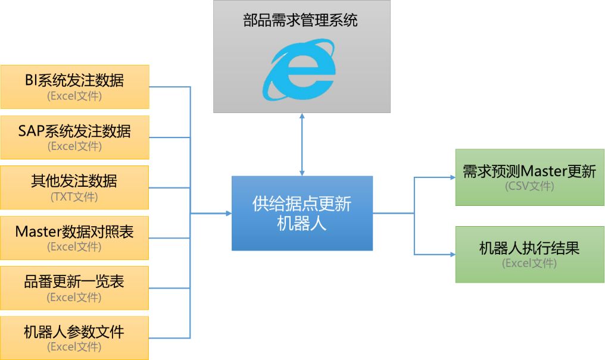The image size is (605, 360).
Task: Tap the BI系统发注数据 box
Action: tap(74, 87)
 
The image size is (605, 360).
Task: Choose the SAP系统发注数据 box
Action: tap(74, 137)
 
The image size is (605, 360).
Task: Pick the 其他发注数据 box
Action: tap(74, 187)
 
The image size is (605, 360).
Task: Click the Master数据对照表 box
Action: tap(74, 238)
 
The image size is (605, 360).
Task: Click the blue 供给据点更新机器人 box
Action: tap(302, 213)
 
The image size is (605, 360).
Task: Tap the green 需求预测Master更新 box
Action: tap(529, 177)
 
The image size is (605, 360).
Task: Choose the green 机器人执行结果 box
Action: tap(529, 254)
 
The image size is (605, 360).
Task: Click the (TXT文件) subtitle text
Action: tap(74, 196)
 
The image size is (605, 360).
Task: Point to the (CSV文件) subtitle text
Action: tap(529, 186)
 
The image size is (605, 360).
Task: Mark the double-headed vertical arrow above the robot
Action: tap(302, 144)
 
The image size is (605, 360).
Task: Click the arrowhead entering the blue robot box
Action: tap(228, 213)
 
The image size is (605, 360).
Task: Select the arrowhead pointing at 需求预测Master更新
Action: tap(452, 177)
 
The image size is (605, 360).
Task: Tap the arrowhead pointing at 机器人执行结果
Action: tap(452, 254)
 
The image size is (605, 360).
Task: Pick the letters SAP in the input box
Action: tap(30, 131)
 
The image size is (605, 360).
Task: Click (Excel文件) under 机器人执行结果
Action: tap(529, 263)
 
